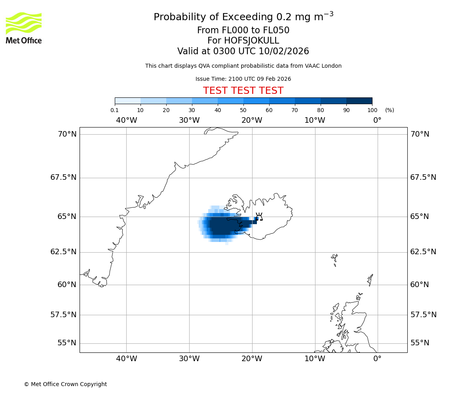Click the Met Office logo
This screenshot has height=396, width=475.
click(x=24, y=28)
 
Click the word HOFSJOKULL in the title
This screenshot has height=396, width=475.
click(x=243, y=41)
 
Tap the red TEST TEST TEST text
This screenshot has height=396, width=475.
click(x=243, y=91)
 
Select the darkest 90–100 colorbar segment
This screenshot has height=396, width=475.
click(x=359, y=101)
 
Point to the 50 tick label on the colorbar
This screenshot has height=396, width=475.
click(x=243, y=110)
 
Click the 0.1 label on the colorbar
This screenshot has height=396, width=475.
click(x=114, y=110)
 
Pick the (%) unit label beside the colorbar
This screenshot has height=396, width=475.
click(x=389, y=110)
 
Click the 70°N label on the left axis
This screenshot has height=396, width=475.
click(x=67, y=134)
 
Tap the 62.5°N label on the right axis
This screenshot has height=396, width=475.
click(x=423, y=252)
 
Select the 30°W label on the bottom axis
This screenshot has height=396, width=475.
click(x=189, y=359)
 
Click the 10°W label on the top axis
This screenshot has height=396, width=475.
click(x=315, y=120)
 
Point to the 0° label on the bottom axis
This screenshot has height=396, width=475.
click(x=377, y=359)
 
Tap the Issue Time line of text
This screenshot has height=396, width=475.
click(x=243, y=79)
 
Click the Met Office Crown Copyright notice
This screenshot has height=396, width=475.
click(x=65, y=384)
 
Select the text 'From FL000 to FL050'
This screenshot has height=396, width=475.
click(x=243, y=30)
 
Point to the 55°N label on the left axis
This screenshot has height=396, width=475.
click(x=67, y=343)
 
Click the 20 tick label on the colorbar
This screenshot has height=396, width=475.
click(x=166, y=110)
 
